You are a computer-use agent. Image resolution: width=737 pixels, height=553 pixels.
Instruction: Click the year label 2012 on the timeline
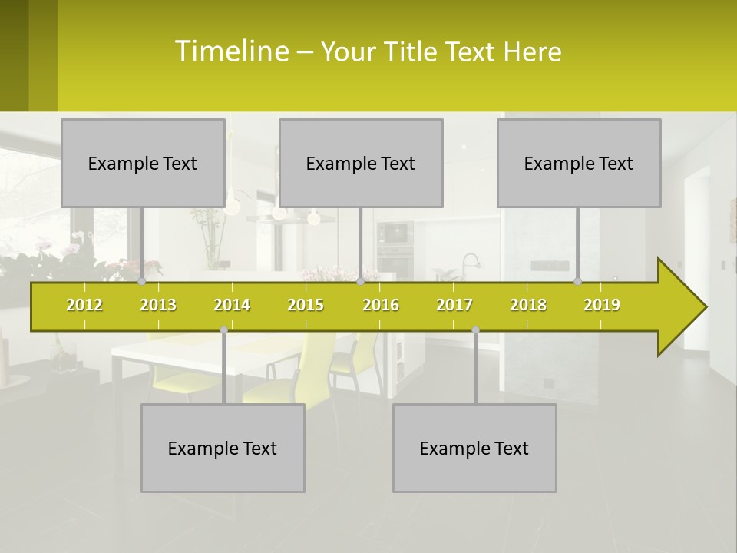point(84,305)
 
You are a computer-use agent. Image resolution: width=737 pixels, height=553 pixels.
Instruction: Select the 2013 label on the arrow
point(158,305)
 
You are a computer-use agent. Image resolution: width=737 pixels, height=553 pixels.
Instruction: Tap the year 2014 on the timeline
point(232,305)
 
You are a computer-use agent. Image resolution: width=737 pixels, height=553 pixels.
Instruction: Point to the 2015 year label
point(306,305)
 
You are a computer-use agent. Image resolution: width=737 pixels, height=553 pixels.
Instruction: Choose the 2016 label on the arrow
point(381,305)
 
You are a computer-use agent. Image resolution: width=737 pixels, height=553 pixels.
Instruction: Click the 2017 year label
point(454,305)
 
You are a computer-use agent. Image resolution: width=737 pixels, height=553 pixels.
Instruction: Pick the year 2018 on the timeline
point(528,305)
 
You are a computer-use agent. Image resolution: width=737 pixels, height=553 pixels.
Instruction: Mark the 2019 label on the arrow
point(602,305)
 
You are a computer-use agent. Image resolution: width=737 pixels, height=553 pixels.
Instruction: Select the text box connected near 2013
point(143,163)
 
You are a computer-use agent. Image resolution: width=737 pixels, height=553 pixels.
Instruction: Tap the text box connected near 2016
point(361,163)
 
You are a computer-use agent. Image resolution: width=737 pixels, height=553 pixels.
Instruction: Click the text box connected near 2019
point(579,163)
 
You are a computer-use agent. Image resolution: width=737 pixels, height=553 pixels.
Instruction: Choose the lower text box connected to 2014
point(223,448)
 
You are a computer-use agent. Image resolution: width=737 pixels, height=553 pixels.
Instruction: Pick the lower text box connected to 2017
point(474,448)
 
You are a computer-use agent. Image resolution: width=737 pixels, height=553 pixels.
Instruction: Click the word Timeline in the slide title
point(230,51)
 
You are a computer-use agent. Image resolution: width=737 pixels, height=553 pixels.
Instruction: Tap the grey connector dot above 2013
point(142,282)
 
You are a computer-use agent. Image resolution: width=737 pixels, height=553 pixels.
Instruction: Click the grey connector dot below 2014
point(223,330)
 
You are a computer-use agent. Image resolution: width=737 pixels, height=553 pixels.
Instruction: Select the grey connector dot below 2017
point(475,330)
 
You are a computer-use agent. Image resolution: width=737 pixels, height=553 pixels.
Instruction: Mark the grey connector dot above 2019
point(578,282)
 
